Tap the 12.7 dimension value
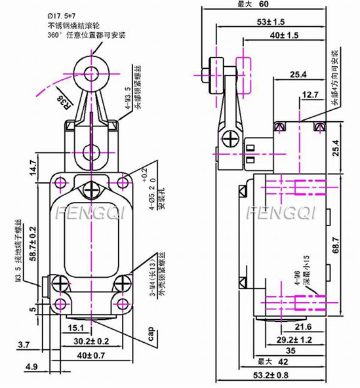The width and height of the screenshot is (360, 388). coord(310,95)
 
